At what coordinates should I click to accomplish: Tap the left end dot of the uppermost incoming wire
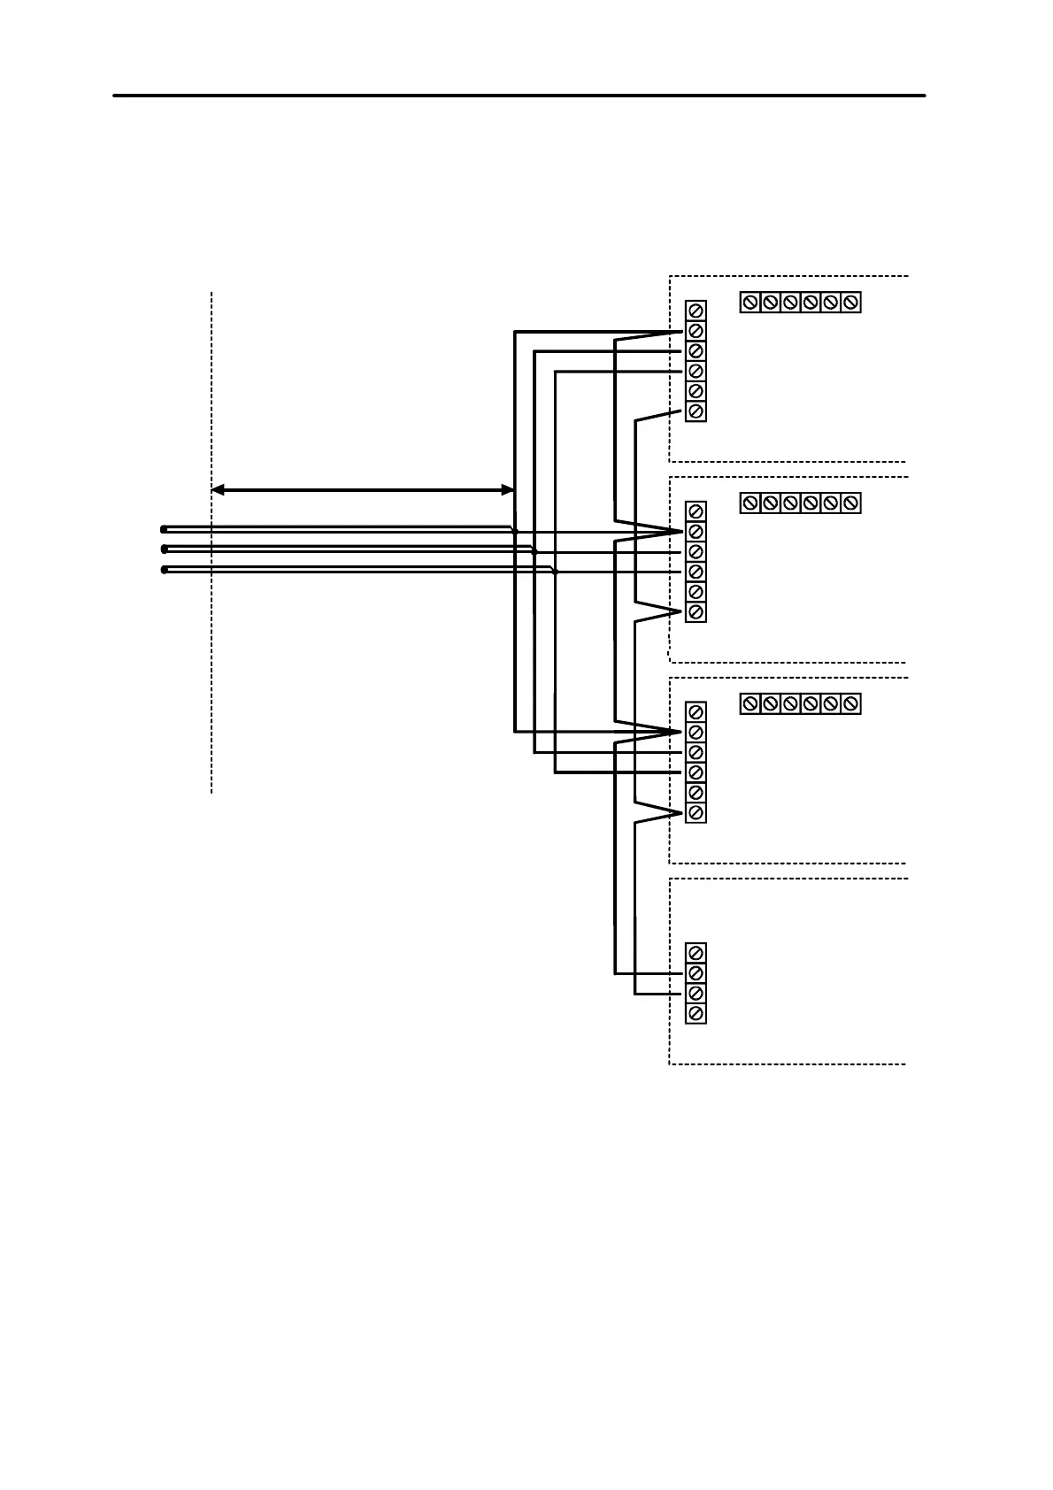tap(164, 529)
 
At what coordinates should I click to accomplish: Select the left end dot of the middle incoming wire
tap(164, 549)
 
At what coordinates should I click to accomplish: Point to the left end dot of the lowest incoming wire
tap(164, 570)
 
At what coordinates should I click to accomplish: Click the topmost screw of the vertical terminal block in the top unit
tap(696, 310)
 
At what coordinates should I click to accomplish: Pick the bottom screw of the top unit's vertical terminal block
tap(696, 411)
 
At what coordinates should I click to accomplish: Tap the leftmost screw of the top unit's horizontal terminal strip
tap(749, 303)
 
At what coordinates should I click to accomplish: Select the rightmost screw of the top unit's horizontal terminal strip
tap(851, 303)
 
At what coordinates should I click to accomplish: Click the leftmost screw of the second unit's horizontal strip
tap(749, 503)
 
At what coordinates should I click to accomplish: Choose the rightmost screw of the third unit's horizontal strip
tap(851, 704)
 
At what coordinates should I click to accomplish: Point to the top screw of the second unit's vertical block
tap(696, 511)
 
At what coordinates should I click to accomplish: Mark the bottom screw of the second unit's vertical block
tap(696, 612)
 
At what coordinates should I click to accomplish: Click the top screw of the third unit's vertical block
tap(696, 712)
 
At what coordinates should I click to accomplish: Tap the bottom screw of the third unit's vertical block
tap(696, 813)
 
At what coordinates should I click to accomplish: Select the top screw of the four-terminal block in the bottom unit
tap(696, 953)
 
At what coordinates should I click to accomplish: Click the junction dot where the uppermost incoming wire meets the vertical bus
tap(515, 532)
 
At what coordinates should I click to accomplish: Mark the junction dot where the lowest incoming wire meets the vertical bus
tap(555, 572)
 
